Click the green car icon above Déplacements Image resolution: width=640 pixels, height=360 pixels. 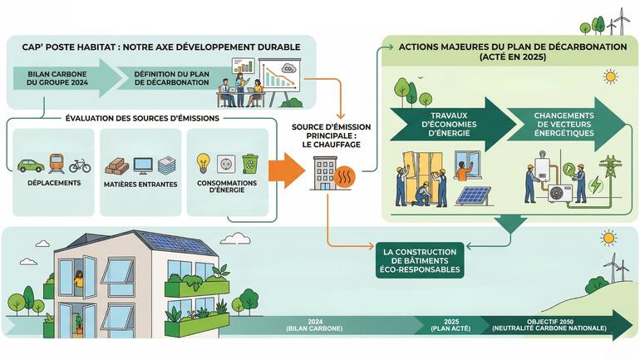[31, 165]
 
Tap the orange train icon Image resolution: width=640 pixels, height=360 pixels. [57, 164]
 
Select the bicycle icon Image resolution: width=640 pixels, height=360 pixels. [80, 165]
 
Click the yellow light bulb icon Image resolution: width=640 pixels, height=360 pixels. [204, 164]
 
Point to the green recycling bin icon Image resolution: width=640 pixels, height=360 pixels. [250, 164]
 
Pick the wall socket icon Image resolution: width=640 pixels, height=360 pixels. [226, 164]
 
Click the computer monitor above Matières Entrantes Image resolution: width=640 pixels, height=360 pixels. [143, 165]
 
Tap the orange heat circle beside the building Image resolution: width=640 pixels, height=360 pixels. [344, 177]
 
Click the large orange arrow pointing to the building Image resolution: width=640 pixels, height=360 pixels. [287, 170]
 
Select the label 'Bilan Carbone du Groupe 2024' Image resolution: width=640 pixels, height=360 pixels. [57, 78]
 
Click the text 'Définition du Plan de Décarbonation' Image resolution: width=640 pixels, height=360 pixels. [172, 78]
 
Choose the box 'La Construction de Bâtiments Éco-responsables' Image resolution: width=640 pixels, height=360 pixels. [420, 260]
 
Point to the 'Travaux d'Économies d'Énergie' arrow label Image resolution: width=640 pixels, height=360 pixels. [449, 124]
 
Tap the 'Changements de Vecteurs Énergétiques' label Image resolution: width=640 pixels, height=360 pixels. [564, 124]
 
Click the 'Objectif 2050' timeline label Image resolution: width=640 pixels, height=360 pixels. [549, 325]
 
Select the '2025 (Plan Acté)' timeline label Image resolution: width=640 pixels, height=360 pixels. [451, 325]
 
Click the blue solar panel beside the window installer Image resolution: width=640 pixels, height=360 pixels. [474, 196]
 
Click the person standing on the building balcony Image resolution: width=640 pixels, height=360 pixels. [78, 279]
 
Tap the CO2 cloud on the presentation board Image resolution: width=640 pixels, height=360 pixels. [289, 68]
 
